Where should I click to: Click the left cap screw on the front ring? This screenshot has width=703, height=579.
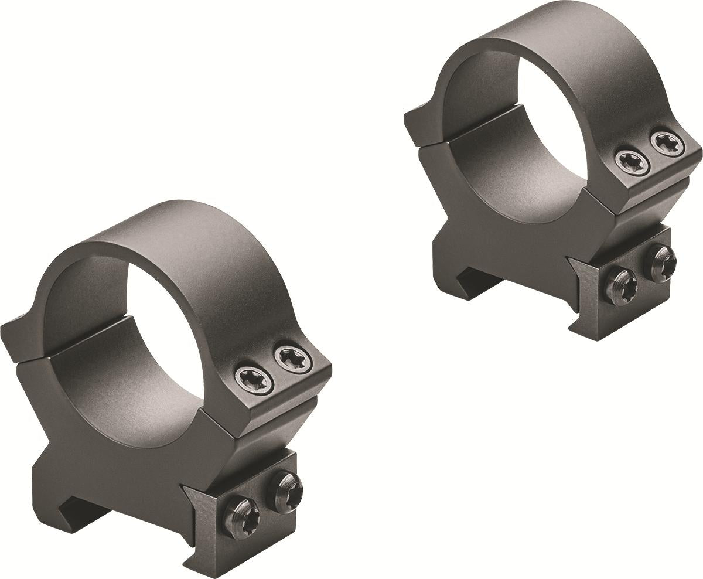[x=254, y=379]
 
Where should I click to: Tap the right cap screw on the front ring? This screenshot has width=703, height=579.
[x=292, y=358]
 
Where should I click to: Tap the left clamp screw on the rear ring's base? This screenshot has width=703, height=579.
[x=623, y=286]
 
